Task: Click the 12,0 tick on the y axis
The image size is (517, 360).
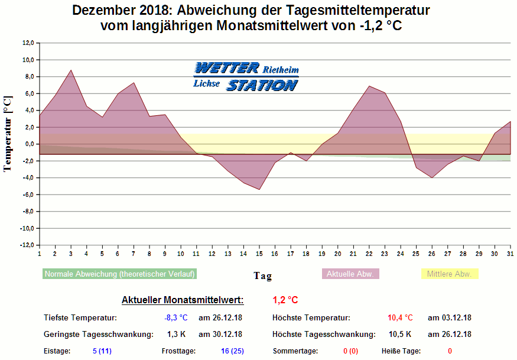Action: [x=28, y=43]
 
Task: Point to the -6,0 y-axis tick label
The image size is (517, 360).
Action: [x=28, y=194]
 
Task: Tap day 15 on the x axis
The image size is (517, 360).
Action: [x=259, y=254]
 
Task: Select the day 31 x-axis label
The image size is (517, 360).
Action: [x=510, y=254]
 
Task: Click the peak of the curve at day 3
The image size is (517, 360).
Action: [x=71, y=70]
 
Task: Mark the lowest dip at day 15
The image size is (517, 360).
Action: [x=259, y=189]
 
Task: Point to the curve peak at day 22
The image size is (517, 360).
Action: [x=369, y=86]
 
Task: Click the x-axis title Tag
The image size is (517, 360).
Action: [x=262, y=275]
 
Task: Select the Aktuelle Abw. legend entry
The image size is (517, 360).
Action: [x=350, y=274]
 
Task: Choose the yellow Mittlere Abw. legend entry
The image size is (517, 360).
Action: [x=449, y=274]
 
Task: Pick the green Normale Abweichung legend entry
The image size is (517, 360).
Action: [x=119, y=274]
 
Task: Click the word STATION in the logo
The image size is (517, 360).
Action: [x=262, y=85]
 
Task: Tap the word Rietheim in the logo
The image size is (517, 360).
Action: [x=281, y=69]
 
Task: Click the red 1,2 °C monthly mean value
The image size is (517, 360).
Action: [x=285, y=300]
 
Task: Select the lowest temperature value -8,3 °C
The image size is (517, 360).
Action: [x=175, y=318]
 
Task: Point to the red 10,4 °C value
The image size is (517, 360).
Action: [x=400, y=318]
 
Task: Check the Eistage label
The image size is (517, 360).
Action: [x=57, y=351]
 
